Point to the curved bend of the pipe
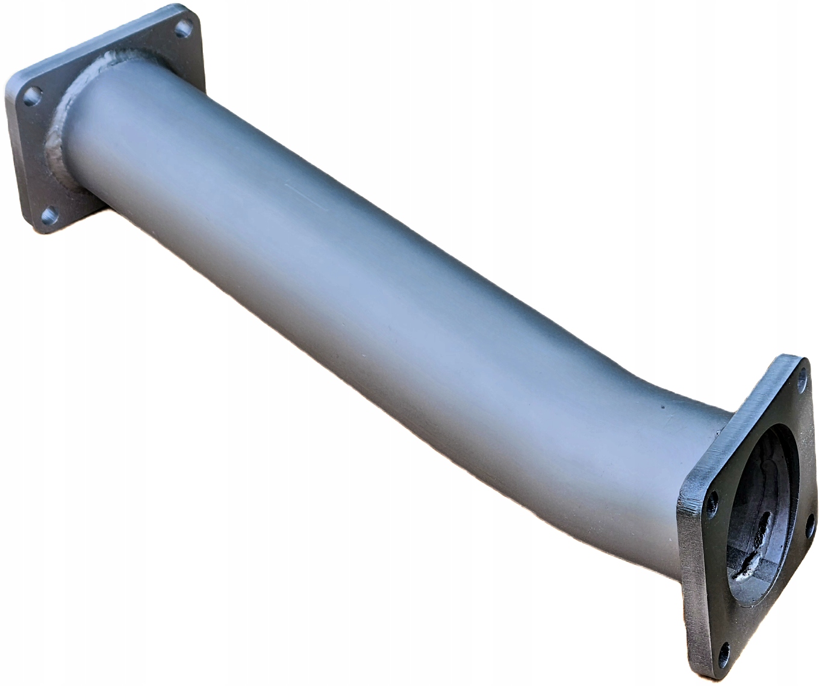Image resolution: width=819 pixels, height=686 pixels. pos(602,385)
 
